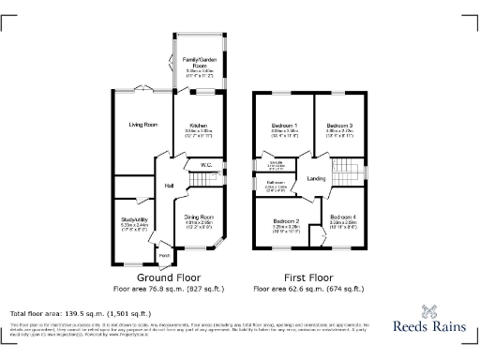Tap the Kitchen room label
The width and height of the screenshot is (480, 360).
pyautogui.click(x=198, y=125)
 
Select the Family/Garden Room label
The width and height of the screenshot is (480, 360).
pyautogui.click(x=198, y=62)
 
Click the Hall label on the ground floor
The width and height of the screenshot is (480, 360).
pyautogui.click(x=170, y=186)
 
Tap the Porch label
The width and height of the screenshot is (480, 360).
pyautogui.click(x=163, y=255)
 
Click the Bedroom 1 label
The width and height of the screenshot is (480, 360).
pyautogui.click(x=284, y=126)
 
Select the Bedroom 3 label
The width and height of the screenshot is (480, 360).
pyautogui.click(x=338, y=126)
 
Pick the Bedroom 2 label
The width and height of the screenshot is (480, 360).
pyautogui.click(x=285, y=221)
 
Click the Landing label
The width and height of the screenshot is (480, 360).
pyautogui.click(x=316, y=177)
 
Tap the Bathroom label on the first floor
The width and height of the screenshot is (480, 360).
pyautogui.click(x=275, y=183)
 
